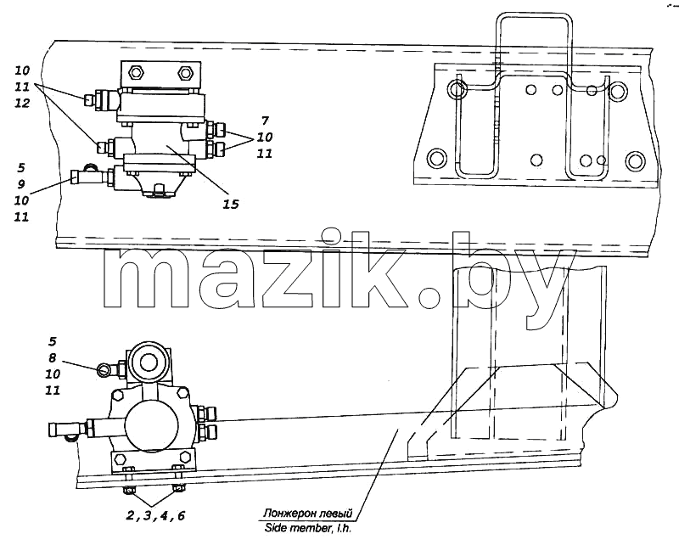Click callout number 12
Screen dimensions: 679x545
pyautogui.click(x=22, y=103)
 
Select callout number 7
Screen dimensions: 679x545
pyautogui.click(x=265, y=121)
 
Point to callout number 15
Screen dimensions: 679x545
pyautogui.click(x=231, y=204)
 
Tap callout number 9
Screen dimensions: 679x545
pyautogui.click(x=21, y=184)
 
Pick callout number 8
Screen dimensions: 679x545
pyautogui.click(x=53, y=358)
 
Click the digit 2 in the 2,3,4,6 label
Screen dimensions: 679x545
pyautogui.click(x=130, y=515)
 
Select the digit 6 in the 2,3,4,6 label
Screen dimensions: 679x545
pyautogui.click(x=181, y=515)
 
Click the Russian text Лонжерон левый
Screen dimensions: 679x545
pyautogui.click(x=308, y=514)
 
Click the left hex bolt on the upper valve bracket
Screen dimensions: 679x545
pyautogui.click(x=136, y=72)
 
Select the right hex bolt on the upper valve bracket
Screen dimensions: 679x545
pyautogui.click(x=185, y=72)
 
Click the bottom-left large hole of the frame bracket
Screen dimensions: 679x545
pyautogui.click(x=436, y=159)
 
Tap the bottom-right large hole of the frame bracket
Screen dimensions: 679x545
pyautogui.click(x=635, y=160)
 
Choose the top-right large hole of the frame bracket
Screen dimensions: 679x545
pyautogui.click(x=618, y=91)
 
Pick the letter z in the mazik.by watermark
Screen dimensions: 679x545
pyautogui.click(x=282, y=278)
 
